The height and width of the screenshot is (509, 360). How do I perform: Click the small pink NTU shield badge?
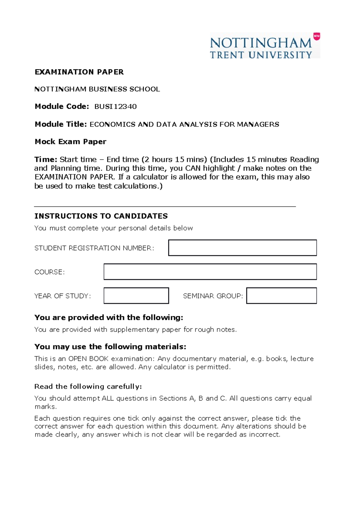coord(316,36)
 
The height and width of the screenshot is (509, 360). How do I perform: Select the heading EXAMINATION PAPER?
coord(79,72)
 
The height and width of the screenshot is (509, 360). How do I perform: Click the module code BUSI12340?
coord(115,107)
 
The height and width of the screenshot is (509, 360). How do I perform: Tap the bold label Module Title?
coord(61,124)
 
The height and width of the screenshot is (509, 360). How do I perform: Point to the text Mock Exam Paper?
coord(70,142)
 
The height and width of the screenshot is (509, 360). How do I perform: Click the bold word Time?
coord(46,159)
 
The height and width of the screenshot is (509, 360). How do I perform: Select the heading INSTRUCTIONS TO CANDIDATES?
coord(101,216)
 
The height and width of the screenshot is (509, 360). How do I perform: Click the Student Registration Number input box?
coord(242,248)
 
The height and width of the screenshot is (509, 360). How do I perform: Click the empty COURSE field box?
coord(210,272)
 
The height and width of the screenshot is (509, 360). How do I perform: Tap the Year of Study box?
coord(136,296)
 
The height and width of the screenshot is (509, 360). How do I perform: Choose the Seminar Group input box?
coord(281,296)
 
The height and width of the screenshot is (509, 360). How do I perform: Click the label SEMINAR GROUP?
coord(213,296)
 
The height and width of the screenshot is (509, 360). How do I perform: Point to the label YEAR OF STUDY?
coord(62,296)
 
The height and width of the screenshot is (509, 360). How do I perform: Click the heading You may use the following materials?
coord(110,347)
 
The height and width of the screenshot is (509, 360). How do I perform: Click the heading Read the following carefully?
coord(88,387)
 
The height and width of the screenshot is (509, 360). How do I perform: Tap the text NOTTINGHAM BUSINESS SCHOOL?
coord(97,89)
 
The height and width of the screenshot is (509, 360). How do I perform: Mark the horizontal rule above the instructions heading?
coord(165,207)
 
